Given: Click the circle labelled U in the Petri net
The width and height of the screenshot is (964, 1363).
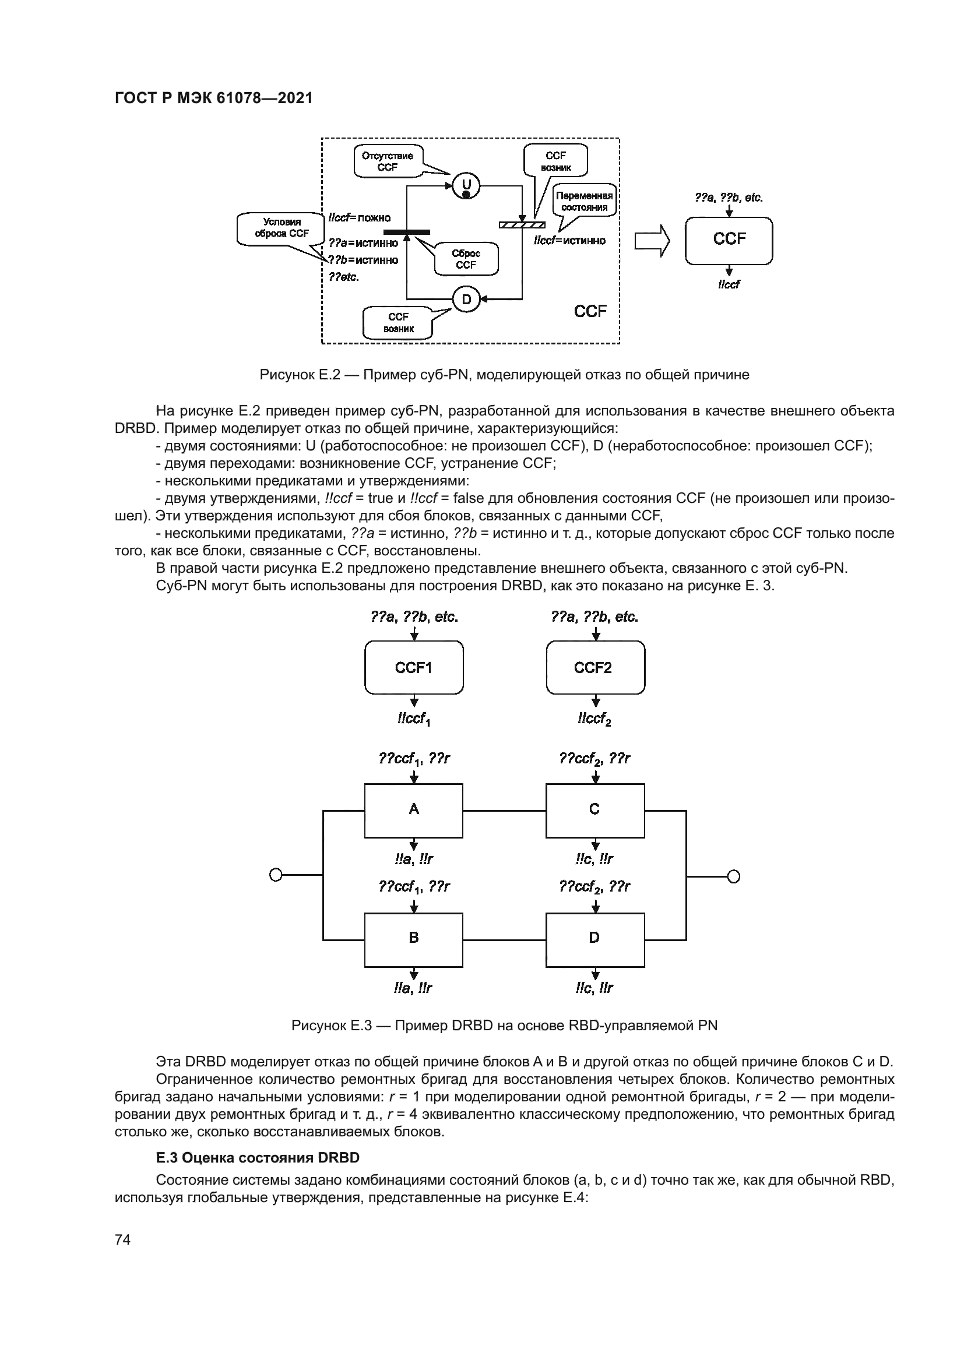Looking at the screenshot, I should [x=466, y=186].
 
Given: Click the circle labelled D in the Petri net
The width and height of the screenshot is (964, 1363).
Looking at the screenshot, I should [x=466, y=300].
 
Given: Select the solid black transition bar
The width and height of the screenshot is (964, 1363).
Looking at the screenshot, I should [x=407, y=231].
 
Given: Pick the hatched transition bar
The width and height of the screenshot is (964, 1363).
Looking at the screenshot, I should [x=522, y=224].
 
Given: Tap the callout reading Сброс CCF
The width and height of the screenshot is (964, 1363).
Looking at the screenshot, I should [x=466, y=259].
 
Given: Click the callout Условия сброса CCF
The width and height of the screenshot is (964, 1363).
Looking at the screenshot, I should [x=282, y=228].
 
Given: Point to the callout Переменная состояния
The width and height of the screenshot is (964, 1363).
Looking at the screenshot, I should [x=584, y=202].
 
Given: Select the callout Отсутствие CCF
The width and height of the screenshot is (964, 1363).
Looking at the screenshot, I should [x=387, y=161].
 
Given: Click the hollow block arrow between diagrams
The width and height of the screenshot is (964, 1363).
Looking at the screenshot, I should [x=652, y=241].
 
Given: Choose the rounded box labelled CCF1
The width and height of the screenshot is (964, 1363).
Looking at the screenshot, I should [x=414, y=668].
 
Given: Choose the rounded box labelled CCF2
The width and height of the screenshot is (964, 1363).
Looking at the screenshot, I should [x=595, y=668].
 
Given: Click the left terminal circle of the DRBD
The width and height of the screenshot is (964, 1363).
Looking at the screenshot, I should [x=276, y=875].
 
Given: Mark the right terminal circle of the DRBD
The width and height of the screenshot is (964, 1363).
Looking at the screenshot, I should [x=734, y=876].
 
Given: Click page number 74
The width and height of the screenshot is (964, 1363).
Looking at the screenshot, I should [x=123, y=1239].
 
